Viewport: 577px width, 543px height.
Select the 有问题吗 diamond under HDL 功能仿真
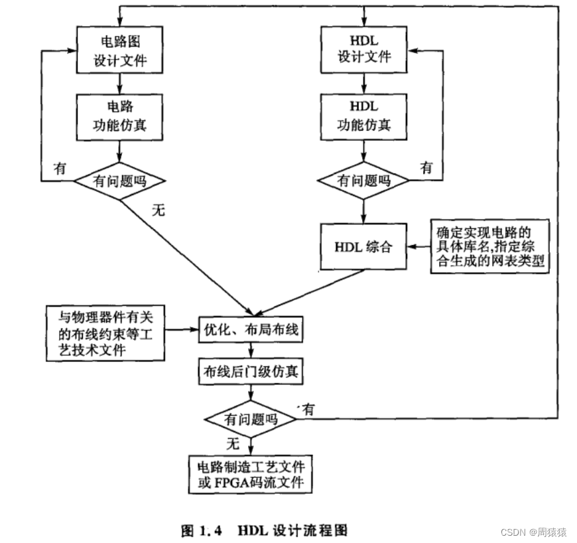(363, 179)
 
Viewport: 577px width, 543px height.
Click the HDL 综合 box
(363, 246)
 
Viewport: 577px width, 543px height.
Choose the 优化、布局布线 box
(251, 329)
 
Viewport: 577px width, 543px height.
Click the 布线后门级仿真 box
(251, 372)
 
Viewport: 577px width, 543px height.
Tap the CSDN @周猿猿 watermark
(533, 532)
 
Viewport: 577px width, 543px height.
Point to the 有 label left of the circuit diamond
(60, 169)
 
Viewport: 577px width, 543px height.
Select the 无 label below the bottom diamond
(231, 442)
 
